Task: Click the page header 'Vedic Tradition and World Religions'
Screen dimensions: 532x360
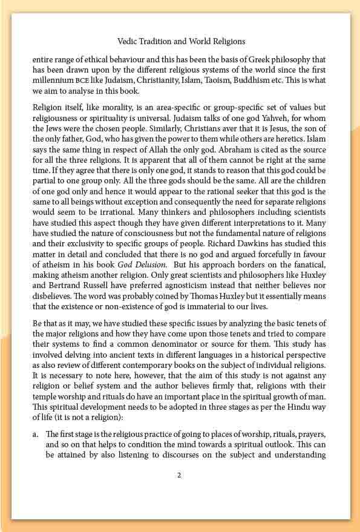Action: tap(180, 42)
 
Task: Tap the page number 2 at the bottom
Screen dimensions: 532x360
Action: tap(179, 475)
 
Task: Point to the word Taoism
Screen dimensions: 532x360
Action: tap(223, 80)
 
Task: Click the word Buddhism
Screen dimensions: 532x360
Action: tap(261, 80)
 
